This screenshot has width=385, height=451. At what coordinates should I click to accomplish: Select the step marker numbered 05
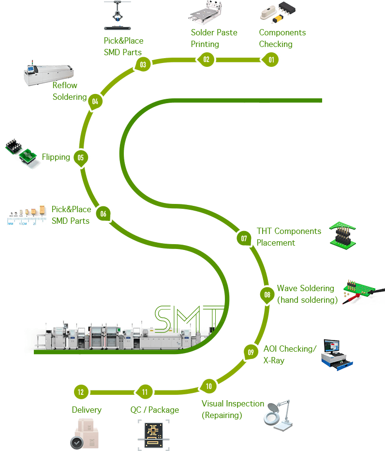point(80,157)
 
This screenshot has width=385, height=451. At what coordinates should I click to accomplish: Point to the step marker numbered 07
point(244,238)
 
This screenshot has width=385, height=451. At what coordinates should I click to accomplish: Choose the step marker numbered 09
point(251,352)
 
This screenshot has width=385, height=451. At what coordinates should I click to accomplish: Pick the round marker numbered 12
point(80,392)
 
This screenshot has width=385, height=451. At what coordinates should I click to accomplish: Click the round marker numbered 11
point(145,392)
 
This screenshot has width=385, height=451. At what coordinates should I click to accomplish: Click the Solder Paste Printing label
point(214,38)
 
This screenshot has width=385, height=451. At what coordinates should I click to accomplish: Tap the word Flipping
point(56,157)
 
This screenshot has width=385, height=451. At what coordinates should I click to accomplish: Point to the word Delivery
point(87,410)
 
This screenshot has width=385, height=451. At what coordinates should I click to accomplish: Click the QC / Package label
point(154,410)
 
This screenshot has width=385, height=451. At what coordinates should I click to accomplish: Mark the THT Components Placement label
point(288,237)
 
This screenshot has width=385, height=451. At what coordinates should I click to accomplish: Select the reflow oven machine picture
point(48,72)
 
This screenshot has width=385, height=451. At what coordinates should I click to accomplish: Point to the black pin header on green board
point(342,236)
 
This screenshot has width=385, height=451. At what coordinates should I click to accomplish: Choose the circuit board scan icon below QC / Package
point(153,435)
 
